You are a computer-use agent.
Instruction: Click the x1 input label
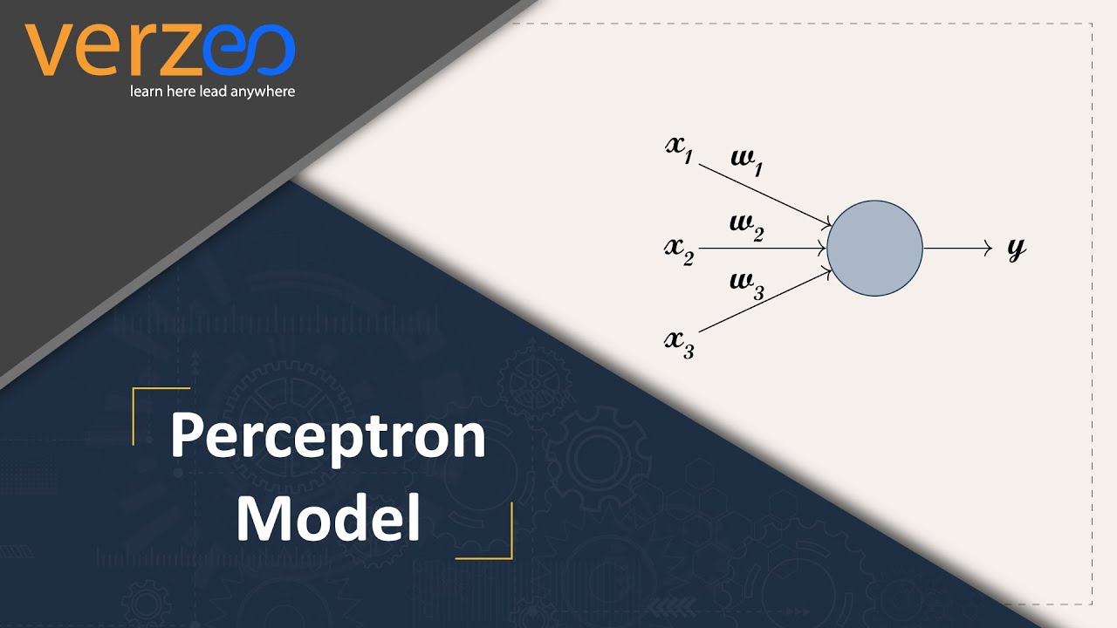click(679, 147)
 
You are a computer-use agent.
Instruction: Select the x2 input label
click(679, 249)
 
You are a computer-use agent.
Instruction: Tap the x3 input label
click(679, 343)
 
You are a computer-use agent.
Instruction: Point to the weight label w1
click(747, 162)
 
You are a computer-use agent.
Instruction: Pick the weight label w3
click(747, 285)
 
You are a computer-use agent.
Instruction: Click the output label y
click(1016, 249)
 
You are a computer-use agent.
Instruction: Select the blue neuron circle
click(874, 249)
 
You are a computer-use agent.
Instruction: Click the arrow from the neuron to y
click(957, 249)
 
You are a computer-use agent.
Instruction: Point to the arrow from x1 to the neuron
click(764, 195)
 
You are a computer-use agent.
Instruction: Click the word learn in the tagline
click(144, 92)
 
